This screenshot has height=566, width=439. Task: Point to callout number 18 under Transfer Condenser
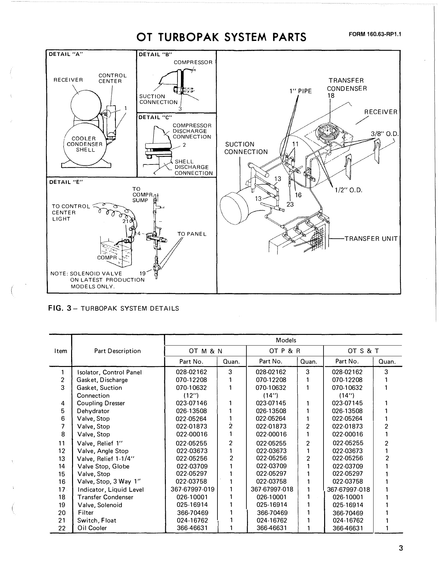click(331, 96)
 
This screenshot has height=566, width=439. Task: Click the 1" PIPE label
click(301, 91)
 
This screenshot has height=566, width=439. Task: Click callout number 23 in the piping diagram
click(290, 204)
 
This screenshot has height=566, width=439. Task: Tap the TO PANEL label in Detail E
click(192, 234)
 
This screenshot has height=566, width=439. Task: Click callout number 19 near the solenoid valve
click(143, 274)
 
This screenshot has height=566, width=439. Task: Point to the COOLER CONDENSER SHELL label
click(85, 144)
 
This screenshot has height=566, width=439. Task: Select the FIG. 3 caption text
click(113, 308)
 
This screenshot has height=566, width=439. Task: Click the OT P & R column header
click(284, 351)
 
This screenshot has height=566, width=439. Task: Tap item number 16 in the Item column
click(62, 482)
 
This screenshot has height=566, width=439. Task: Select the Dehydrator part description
click(93, 411)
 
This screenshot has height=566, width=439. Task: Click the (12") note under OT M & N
click(191, 396)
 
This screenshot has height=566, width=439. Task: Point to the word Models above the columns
click(286, 340)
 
